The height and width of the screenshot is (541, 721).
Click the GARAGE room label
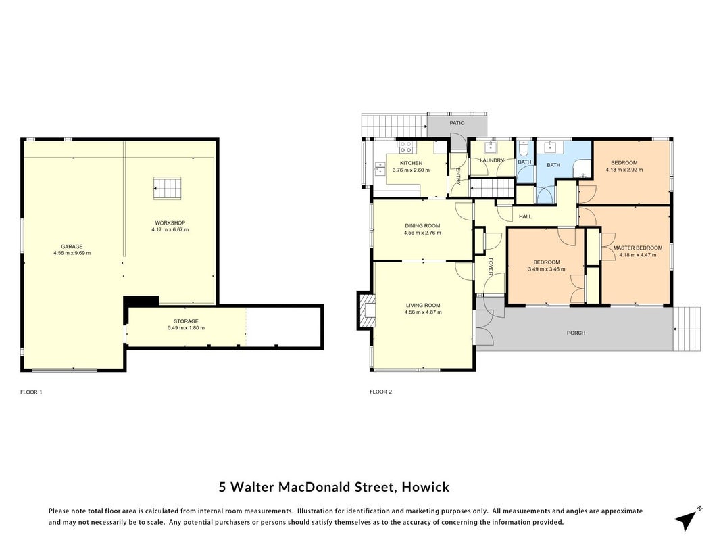tap(72, 247)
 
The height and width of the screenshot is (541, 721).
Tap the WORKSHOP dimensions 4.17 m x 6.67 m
tap(170, 229)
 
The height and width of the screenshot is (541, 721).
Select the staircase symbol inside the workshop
tap(167, 188)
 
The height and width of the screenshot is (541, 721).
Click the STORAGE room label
tap(186, 321)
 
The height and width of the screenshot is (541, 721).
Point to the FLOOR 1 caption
tap(31, 392)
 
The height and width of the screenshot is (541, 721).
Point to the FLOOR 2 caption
tap(380, 392)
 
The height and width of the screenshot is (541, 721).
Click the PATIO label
tap(457, 123)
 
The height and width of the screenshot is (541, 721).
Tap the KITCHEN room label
tap(411, 163)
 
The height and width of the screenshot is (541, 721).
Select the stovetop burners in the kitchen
tap(405, 147)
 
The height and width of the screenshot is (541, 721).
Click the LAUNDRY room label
tap(492, 160)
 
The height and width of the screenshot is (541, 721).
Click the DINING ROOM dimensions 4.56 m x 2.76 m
tap(422, 233)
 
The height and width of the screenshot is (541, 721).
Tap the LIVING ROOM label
tap(423, 305)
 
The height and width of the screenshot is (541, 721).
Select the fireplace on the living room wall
tap(366, 310)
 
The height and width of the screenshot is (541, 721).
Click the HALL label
tap(525, 216)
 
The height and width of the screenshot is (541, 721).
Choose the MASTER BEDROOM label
tap(638, 248)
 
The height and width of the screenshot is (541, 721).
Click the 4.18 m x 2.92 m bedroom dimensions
tap(624, 170)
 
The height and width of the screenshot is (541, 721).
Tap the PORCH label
tap(576, 333)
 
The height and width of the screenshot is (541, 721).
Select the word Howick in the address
tap(425, 487)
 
